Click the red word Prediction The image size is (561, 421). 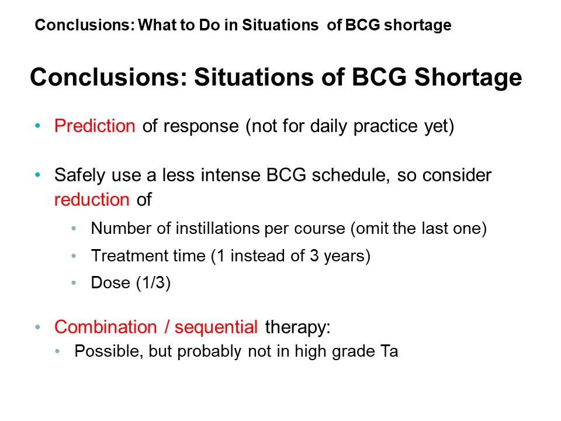(x=95, y=126)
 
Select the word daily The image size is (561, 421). (x=328, y=127)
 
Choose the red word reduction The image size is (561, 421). (x=92, y=199)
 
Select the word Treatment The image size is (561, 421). (x=130, y=256)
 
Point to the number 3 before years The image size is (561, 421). (x=314, y=256)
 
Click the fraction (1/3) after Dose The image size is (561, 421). (x=153, y=283)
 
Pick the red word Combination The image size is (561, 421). (x=106, y=327)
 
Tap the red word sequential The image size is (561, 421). (x=216, y=327)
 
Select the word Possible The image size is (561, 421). (x=109, y=351)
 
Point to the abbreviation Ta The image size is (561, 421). (x=389, y=351)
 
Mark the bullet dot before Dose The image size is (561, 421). (x=74, y=283)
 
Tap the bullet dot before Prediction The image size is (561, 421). (x=37, y=126)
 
